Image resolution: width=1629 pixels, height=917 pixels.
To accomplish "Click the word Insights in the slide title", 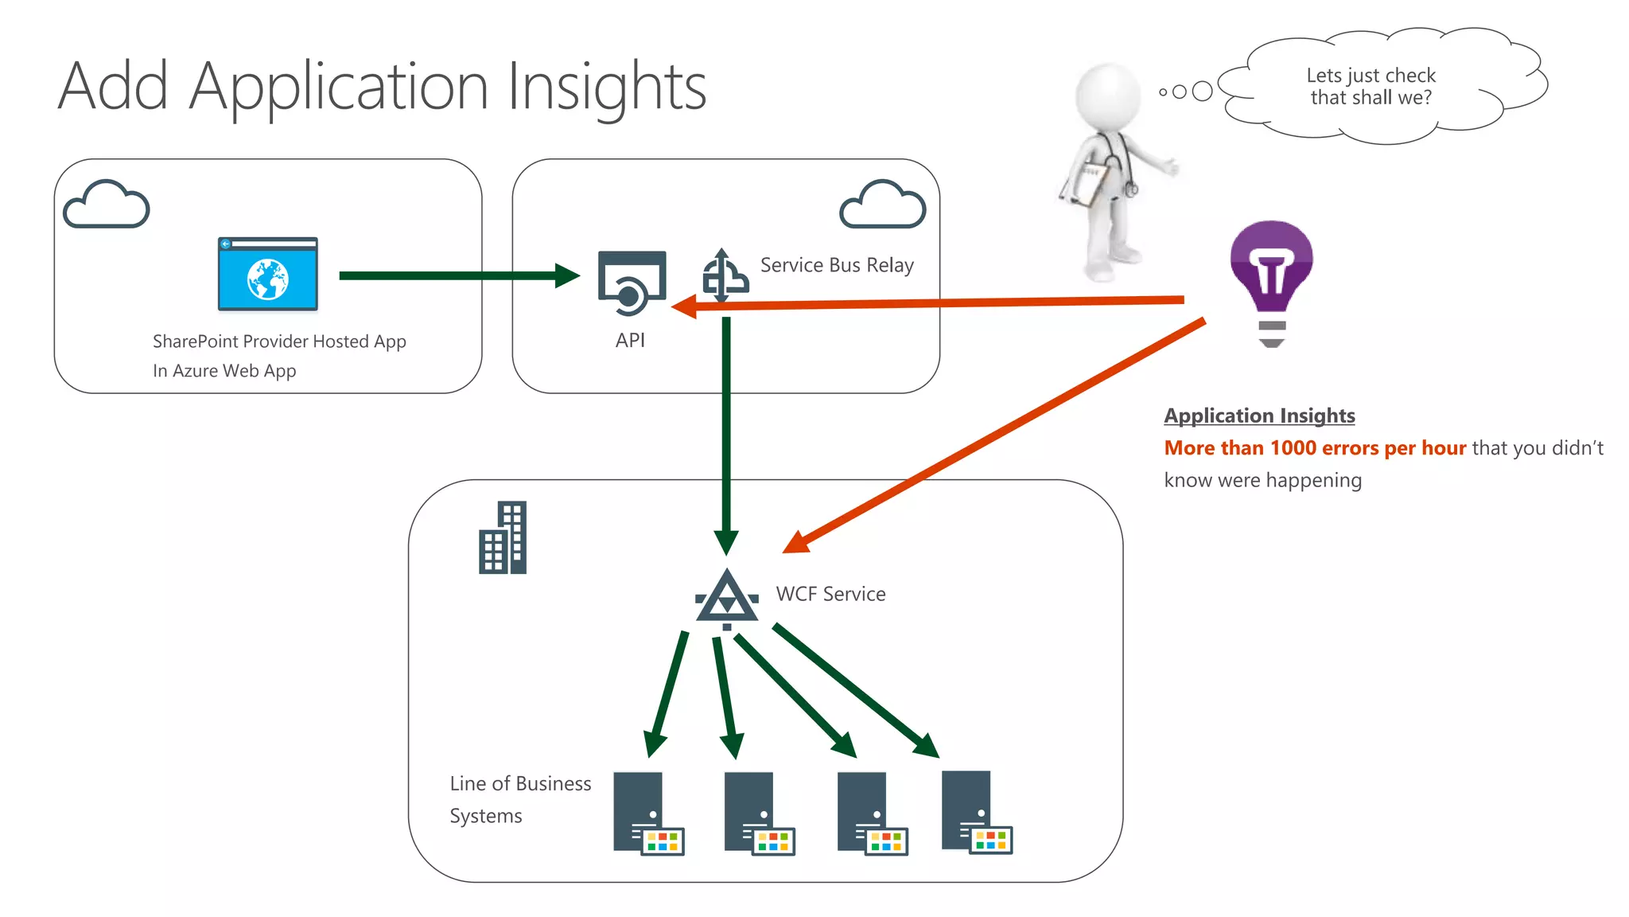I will [606, 88].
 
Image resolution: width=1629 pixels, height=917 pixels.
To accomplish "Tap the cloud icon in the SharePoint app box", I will [107, 205].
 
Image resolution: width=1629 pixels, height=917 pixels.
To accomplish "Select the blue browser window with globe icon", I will [268, 275].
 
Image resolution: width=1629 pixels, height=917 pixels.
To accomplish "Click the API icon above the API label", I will [632, 283].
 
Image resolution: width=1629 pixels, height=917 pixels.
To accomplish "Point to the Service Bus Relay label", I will [837, 265].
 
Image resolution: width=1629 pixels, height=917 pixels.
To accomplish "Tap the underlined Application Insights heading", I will [1259, 416].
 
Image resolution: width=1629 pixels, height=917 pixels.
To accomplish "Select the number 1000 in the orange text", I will [1293, 448].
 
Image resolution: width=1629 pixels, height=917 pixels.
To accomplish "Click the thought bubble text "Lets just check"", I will [1370, 76].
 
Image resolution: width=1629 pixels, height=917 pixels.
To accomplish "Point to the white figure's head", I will [1108, 95].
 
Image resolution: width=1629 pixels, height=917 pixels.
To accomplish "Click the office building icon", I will [503, 537].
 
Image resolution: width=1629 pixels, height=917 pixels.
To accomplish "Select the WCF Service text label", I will [830, 594].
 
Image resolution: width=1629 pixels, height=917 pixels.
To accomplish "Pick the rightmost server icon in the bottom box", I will [974, 812].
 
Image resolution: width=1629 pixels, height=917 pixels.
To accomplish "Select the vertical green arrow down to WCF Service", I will [726, 430].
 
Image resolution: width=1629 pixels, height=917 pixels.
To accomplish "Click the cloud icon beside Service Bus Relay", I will [883, 205].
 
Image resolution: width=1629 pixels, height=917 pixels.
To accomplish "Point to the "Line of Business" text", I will [520, 783].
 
